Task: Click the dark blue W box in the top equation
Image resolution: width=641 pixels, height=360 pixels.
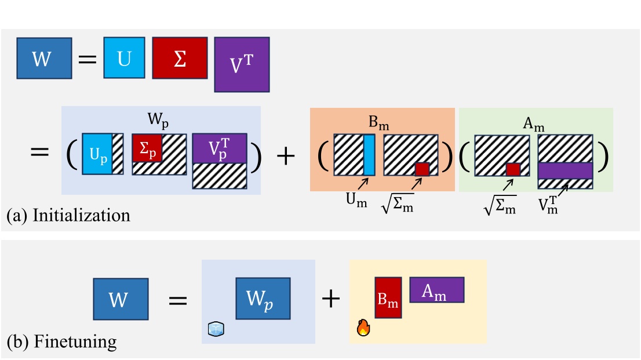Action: click(x=44, y=58)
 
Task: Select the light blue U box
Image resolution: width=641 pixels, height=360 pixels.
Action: click(x=124, y=58)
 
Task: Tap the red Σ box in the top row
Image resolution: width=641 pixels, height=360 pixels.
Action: click(x=180, y=58)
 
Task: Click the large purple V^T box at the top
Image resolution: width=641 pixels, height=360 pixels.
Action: click(x=242, y=64)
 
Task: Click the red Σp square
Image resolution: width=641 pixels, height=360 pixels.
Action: click(x=146, y=148)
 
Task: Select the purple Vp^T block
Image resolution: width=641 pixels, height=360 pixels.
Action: click(x=220, y=148)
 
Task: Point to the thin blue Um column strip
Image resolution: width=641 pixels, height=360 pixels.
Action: click(x=369, y=155)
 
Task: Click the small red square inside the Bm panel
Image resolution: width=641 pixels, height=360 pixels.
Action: click(x=422, y=169)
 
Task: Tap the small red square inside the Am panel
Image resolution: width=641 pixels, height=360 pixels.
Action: click(x=513, y=169)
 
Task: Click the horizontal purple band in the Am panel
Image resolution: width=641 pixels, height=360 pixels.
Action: click(x=564, y=170)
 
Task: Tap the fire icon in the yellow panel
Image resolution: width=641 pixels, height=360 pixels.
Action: click(x=363, y=329)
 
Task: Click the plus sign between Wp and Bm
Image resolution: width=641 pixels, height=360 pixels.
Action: click(x=331, y=300)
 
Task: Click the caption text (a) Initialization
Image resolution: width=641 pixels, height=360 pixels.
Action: click(x=68, y=216)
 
